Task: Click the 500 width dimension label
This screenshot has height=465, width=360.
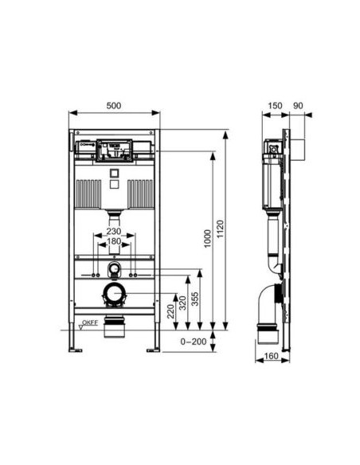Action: tap(114, 106)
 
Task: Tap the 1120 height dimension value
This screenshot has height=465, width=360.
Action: tap(221, 229)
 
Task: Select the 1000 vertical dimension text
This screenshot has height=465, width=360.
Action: tap(208, 238)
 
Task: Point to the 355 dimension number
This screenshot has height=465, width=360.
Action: tap(195, 299)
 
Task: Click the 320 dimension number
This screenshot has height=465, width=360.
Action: tap(183, 303)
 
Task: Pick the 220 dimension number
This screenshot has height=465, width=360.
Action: tap(170, 311)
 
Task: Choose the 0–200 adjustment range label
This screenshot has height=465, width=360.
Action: tap(194, 342)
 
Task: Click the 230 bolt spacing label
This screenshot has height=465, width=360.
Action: tap(114, 231)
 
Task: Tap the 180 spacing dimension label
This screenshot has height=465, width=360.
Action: tap(114, 241)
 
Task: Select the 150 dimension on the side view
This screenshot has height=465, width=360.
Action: tap(275, 106)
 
